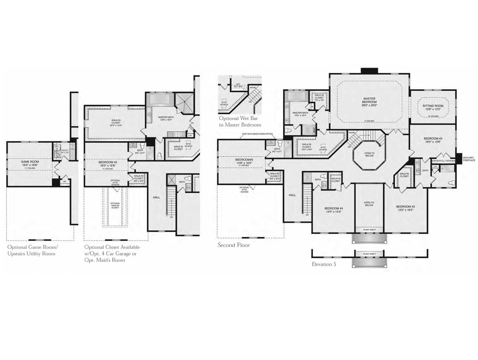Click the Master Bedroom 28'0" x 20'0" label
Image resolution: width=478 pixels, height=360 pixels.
369,102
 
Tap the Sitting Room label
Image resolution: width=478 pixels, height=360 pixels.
433,107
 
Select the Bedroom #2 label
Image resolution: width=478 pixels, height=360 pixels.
433,140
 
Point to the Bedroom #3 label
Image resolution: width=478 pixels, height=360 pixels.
406,208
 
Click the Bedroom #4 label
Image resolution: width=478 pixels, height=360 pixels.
334,210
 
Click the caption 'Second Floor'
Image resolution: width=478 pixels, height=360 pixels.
234,245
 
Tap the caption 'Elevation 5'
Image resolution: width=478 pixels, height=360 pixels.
324,264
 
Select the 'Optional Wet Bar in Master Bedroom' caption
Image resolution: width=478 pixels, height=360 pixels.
240,121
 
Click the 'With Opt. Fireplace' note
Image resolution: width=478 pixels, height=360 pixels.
468,159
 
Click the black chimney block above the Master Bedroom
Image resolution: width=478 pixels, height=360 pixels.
369,71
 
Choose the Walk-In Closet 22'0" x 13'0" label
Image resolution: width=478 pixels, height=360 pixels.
116,123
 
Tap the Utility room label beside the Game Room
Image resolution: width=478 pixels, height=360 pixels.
65,151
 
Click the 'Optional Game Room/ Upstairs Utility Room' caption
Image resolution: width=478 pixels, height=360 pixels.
32,250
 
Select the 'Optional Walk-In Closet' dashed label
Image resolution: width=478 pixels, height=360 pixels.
115,205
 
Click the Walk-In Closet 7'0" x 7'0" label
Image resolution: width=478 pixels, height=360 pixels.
319,99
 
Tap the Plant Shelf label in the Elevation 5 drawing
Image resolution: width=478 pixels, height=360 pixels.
369,254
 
